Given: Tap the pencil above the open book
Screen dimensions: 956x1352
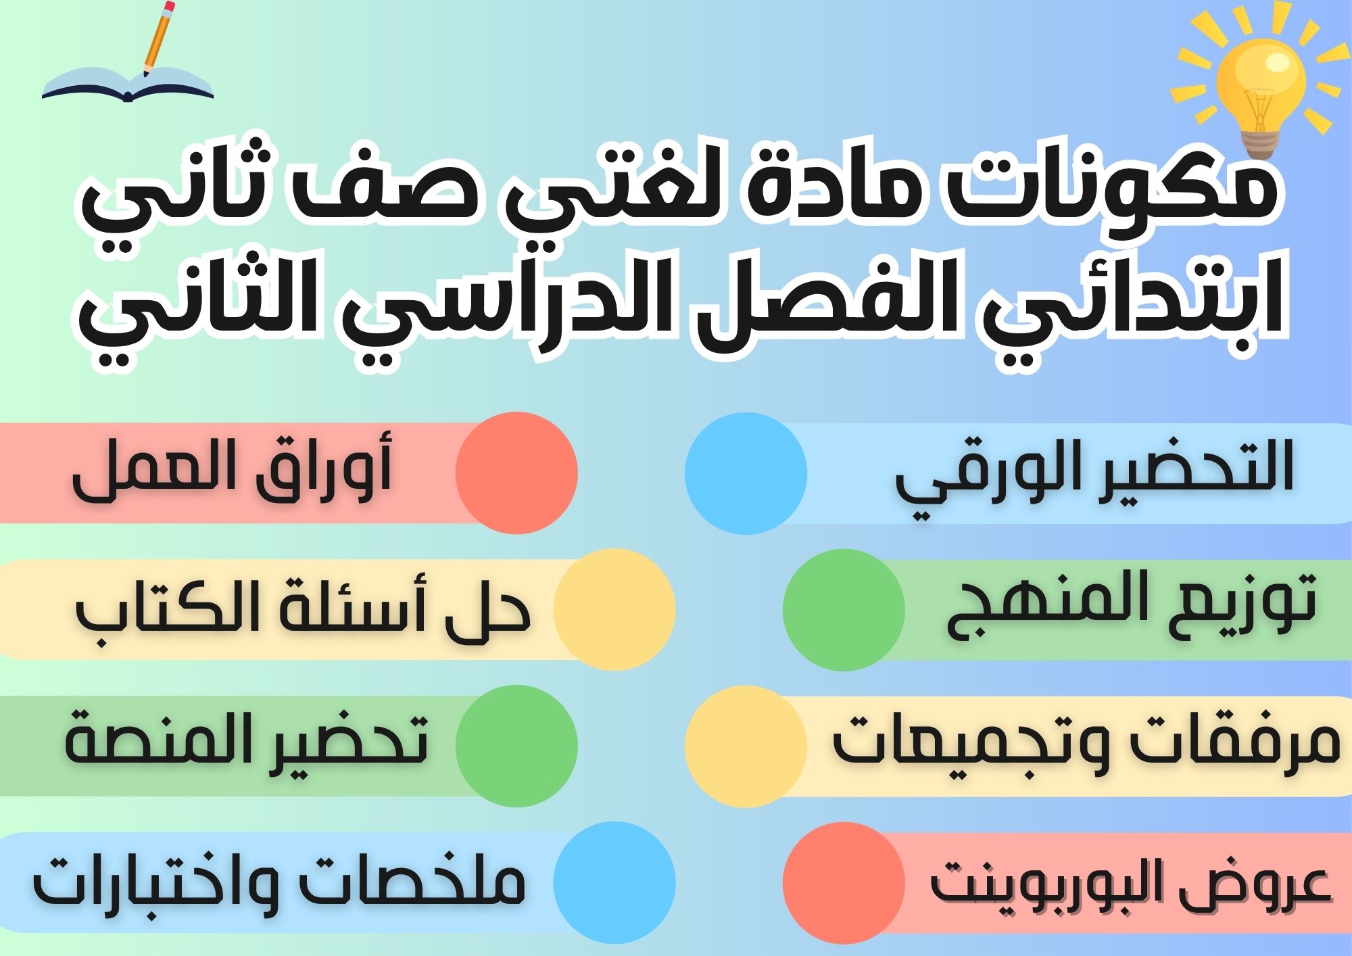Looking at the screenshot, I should coord(158,37).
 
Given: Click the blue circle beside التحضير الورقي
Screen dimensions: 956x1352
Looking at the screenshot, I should coord(746,473).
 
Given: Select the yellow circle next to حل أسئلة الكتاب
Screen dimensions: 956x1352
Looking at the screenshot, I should coord(614,608).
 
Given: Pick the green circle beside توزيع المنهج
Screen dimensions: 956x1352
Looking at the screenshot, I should coord(844,608).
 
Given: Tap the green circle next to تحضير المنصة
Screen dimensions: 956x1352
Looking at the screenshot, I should coord(516,744).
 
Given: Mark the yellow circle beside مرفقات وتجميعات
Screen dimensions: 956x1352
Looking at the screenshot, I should coord(746,744).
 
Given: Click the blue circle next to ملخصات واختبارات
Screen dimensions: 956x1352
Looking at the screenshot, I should coord(614,882).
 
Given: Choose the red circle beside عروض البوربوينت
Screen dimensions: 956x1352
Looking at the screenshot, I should coord(844,882).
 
